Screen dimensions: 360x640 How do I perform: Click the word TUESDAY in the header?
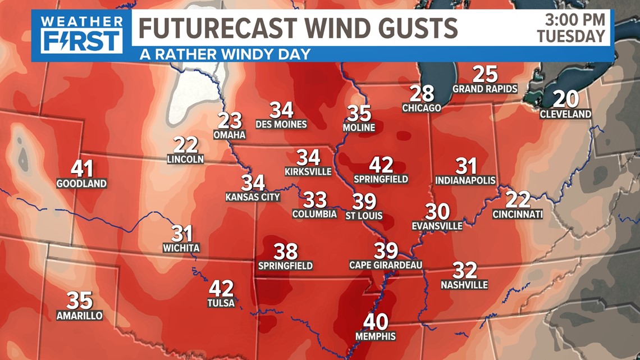(x=571, y=37)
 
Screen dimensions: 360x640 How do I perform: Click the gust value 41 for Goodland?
(x=81, y=169)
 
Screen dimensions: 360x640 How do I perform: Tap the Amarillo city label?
(x=80, y=316)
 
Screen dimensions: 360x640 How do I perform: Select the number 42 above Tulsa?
(x=221, y=289)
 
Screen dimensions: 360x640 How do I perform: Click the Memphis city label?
(x=376, y=336)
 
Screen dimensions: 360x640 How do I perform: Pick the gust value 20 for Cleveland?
(x=566, y=99)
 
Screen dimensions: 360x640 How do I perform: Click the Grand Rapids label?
(x=484, y=89)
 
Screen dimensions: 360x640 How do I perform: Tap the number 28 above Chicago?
(x=422, y=93)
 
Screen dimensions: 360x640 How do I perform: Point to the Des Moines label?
(x=281, y=124)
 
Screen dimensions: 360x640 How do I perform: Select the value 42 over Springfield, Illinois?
(x=381, y=165)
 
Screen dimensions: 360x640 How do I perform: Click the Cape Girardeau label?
(x=385, y=265)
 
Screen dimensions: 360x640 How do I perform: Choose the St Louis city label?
(x=364, y=215)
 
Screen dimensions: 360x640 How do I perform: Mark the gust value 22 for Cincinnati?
(x=518, y=199)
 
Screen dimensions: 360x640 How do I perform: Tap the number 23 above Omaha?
(x=230, y=121)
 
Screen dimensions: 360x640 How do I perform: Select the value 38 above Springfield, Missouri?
(x=285, y=252)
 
